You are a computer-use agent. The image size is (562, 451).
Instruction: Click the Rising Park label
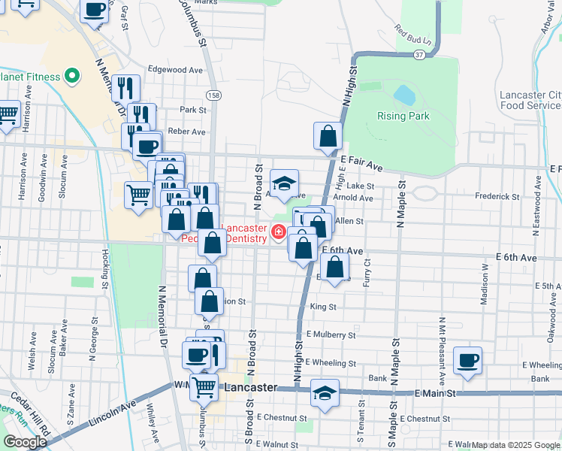tap(403, 116)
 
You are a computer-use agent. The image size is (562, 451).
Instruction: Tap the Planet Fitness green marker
tap(73, 75)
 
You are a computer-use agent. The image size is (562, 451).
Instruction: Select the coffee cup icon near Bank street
tap(467, 361)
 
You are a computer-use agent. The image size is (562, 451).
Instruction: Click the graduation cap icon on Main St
tap(325, 393)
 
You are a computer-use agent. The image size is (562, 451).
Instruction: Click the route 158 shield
tap(215, 95)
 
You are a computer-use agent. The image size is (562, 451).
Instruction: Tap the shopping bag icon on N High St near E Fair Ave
tap(328, 136)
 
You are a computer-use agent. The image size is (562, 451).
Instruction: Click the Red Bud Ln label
tap(412, 34)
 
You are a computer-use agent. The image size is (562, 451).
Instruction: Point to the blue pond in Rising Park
tap(403, 95)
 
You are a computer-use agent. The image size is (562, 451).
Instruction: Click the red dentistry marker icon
tap(279, 232)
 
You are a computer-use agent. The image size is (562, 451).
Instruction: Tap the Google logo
tap(25, 441)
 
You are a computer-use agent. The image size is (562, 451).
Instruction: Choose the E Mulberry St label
tap(331, 334)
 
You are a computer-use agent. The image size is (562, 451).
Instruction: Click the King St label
tap(322, 307)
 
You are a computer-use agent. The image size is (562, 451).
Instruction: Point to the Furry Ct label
tap(367, 268)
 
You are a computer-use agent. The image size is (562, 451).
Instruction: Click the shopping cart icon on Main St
tap(204, 387)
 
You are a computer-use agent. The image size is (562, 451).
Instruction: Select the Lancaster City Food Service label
tap(530, 100)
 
